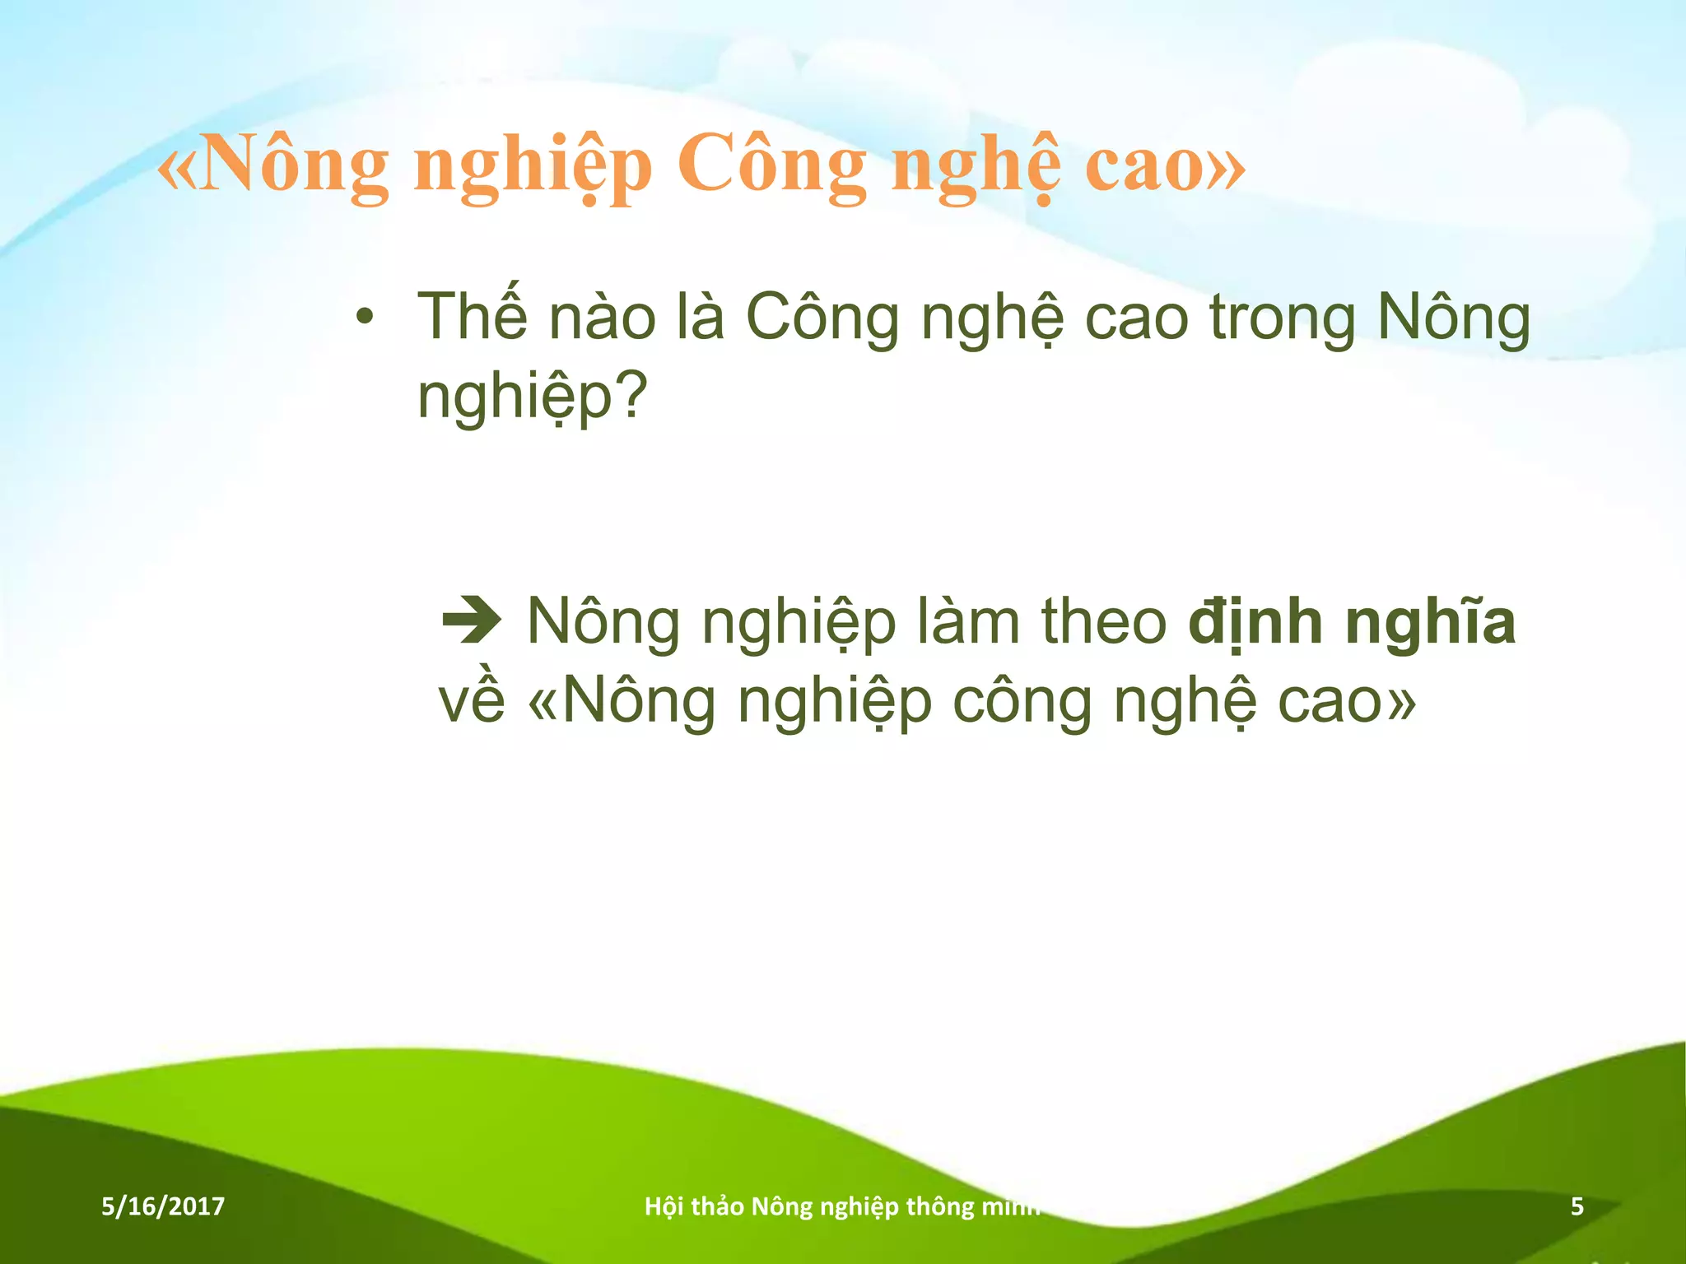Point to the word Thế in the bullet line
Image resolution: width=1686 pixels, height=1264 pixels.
pyautogui.click(x=472, y=317)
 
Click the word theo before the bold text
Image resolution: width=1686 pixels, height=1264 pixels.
pyautogui.click(x=1104, y=621)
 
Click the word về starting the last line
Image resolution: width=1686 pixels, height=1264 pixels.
pyautogui.click(x=472, y=701)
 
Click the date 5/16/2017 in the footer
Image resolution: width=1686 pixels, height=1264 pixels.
pyautogui.click(x=163, y=1206)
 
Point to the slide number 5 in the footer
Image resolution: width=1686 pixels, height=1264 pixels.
pyautogui.click(x=1577, y=1206)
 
